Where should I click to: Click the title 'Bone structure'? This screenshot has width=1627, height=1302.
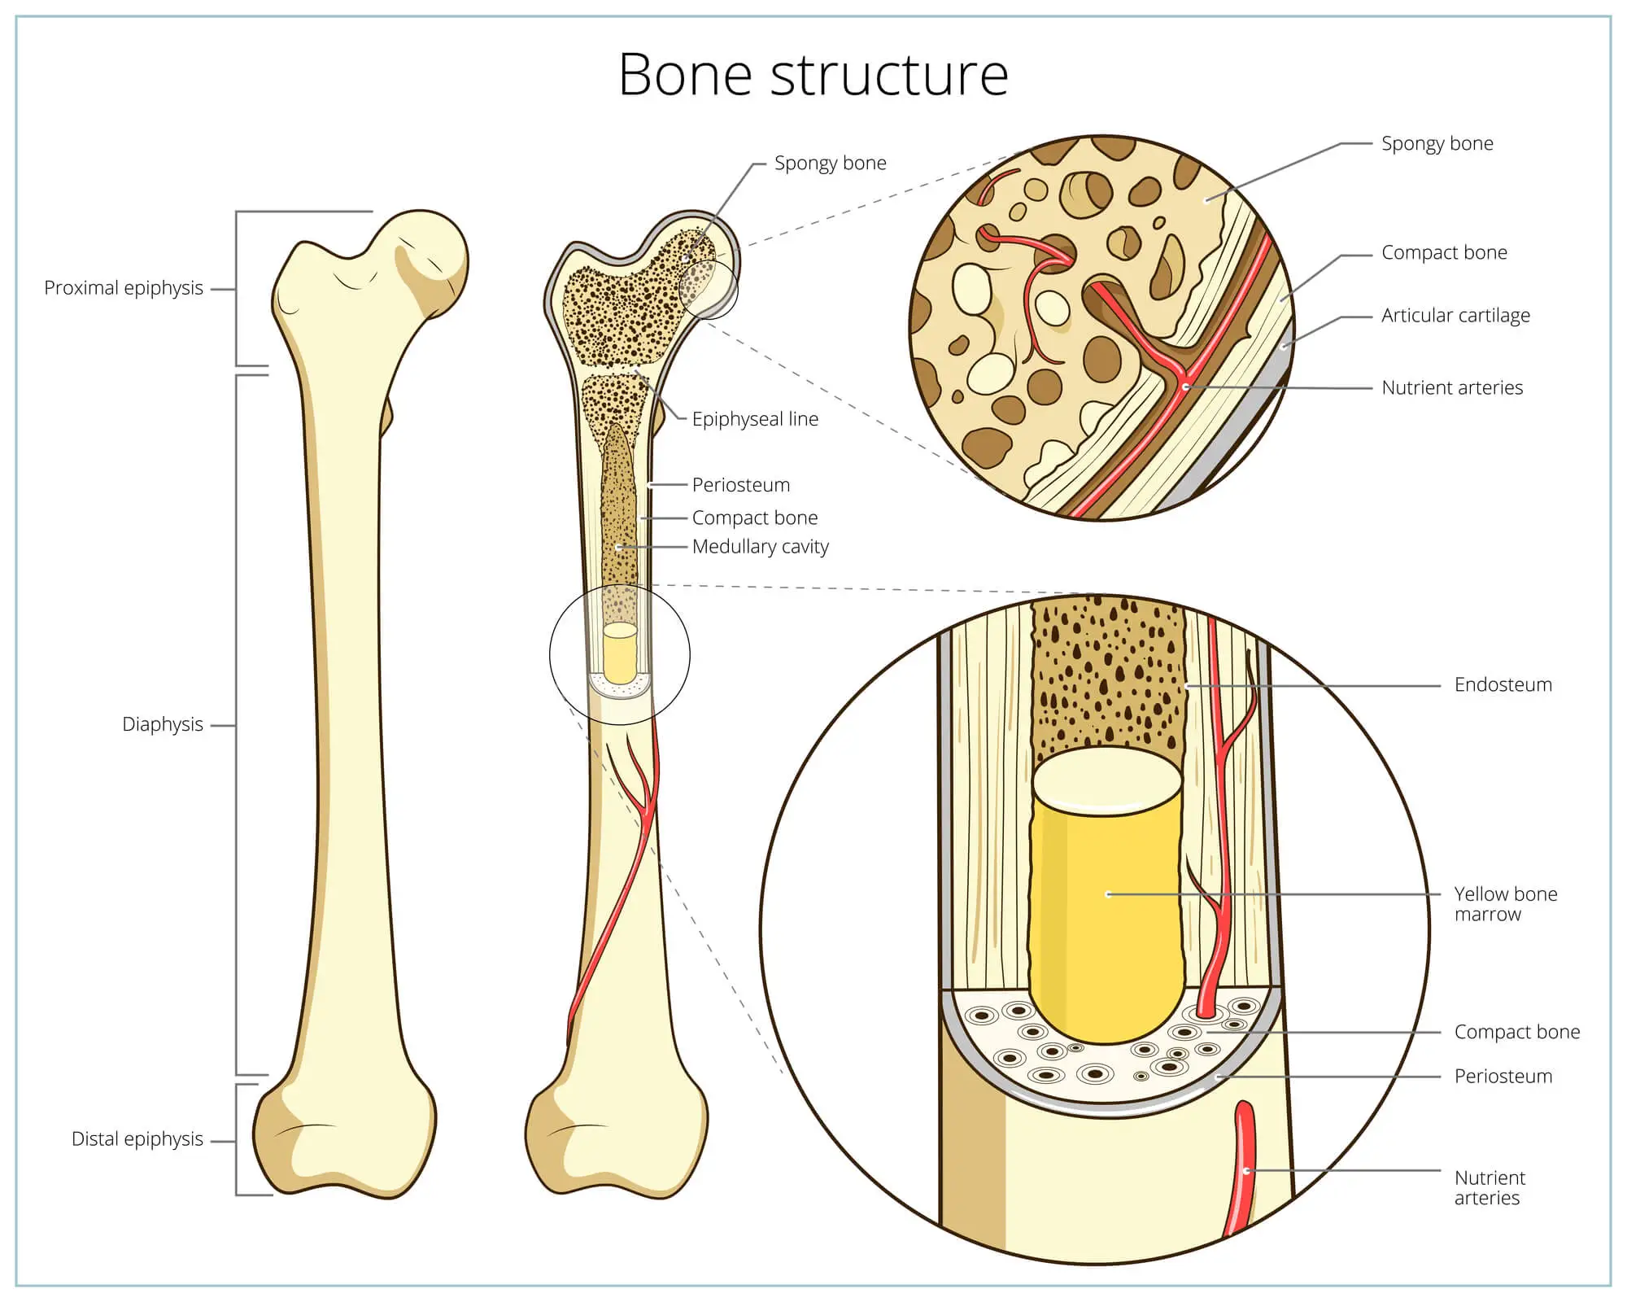(813, 75)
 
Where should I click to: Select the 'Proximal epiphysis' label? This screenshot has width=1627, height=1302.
(124, 288)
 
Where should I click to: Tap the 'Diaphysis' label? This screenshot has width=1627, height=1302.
(163, 724)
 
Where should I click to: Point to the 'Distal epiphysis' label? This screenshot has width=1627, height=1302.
(137, 1138)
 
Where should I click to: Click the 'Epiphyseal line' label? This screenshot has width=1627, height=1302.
(755, 419)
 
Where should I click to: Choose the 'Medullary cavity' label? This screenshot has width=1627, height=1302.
(760, 547)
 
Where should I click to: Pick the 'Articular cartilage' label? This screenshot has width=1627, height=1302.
(1455, 316)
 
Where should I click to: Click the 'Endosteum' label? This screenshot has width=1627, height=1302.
(1503, 685)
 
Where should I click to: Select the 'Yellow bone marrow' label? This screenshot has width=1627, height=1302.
(1505, 904)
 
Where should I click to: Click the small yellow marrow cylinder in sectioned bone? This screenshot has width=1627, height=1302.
(620, 656)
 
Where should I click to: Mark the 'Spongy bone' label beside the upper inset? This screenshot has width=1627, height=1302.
(1437, 144)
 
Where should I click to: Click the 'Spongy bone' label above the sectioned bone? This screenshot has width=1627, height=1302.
(830, 164)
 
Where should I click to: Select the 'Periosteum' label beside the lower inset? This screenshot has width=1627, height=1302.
(1503, 1077)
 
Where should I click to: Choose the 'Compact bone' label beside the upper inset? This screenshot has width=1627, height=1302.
(1444, 253)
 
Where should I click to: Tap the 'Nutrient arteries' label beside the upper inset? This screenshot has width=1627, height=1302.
(1452, 388)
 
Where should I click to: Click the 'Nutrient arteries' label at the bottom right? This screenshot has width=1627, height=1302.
(1489, 1188)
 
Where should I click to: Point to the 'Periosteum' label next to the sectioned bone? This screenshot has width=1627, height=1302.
(740, 485)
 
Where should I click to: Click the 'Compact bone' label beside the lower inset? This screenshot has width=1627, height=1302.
(1516, 1032)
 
